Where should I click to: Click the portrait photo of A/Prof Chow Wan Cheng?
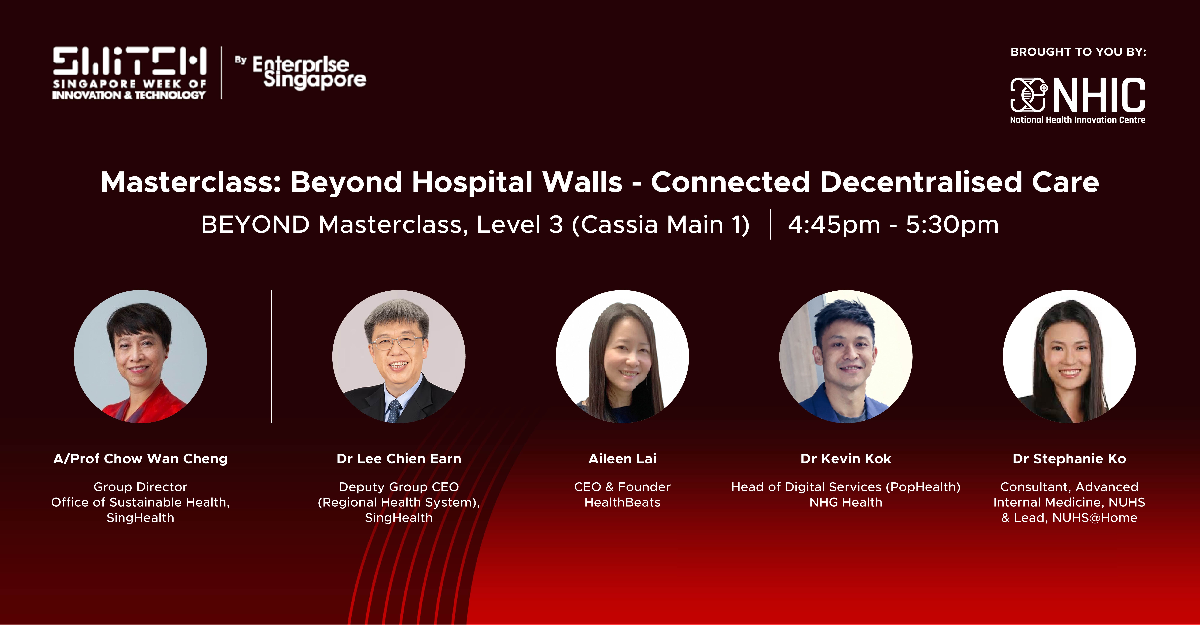point(140,357)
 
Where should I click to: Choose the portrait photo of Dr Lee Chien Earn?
point(399,357)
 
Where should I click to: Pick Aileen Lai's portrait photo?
point(622,357)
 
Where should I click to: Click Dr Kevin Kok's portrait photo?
point(846,357)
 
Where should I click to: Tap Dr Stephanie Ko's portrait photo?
point(1069,357)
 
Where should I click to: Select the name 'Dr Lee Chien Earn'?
point(399,459)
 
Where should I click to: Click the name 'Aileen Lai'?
point(622,459)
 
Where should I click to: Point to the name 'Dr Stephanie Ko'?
point(1069,459)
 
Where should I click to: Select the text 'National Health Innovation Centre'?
point(1077,120)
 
